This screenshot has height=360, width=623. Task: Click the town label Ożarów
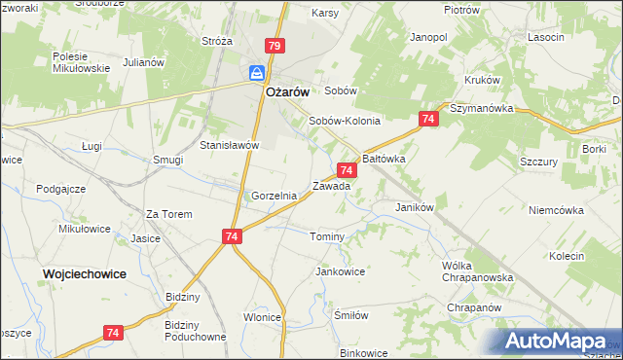[x=288, y=91]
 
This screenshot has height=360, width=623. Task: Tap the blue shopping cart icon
[x=257, y=74]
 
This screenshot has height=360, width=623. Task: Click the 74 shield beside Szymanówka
[x=427, y=119]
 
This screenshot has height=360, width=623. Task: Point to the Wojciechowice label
[x=85, y=274]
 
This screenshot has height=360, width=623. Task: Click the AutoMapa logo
[x=558, y=342]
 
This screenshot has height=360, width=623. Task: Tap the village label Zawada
[x=331, y=185]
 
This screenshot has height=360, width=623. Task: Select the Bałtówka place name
[x=384, y=157]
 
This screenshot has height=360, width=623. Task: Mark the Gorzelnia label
[x=274, y=196]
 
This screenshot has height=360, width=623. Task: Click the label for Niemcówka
[x=555, y=209]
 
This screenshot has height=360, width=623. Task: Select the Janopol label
[x=428, y=37]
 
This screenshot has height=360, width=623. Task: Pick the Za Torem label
[x=168, y=214]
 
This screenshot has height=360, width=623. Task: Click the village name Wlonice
[x=263, y=317]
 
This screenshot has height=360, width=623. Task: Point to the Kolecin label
[x=566, y=256]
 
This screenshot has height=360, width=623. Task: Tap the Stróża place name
[x=216, y=42]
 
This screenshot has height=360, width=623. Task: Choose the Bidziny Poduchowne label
[x=196, y=330]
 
